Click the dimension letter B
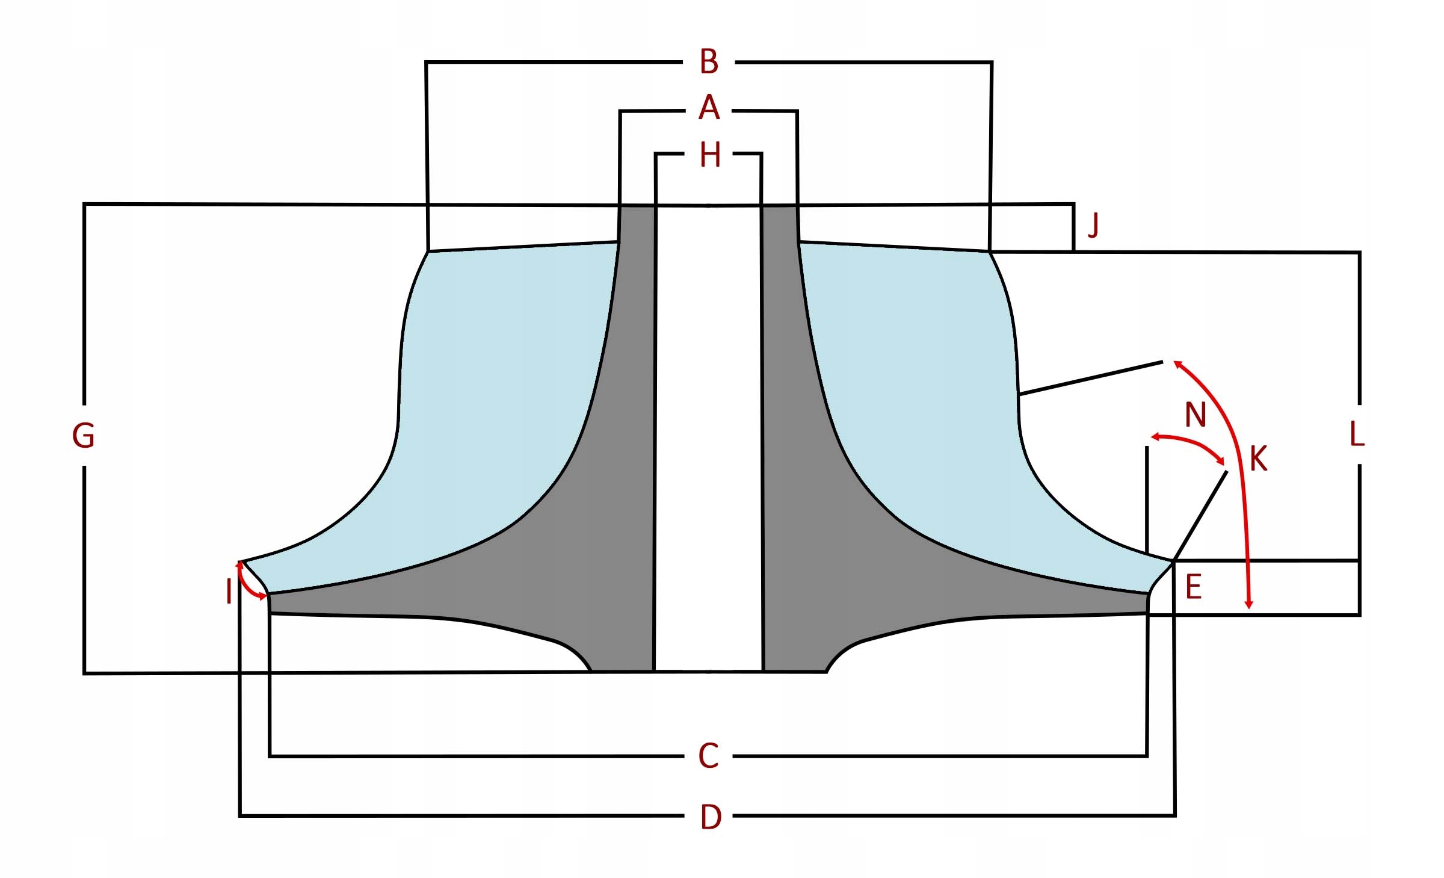(x=709, y=62)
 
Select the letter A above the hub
(x=709, y=108)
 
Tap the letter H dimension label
(x=710, y=155)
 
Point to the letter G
(x=84, y=436)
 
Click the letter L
(x=1357, y=434)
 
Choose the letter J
(x=1093, y=226)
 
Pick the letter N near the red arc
(x=1195, y=415)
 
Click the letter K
(x=1258, y=459)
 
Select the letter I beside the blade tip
(x=229, y=592)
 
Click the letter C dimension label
(x=708, y=756)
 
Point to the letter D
(x=711, y=817)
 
